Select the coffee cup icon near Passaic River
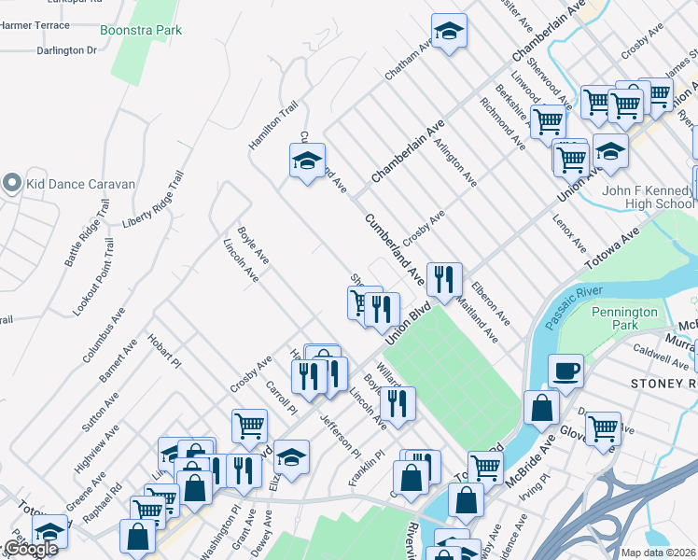click(565, 371)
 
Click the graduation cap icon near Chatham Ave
click(449, 32)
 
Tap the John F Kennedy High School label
click(648, 198)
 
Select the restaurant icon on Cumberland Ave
click(444, 278)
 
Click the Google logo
click(30, 549)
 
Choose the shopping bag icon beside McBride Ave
click(541, 407)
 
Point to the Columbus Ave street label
click(104, 334)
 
